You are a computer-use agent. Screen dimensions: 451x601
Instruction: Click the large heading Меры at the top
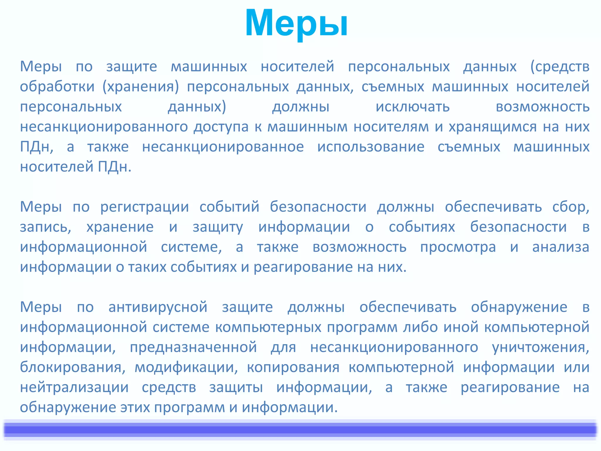[296, 23]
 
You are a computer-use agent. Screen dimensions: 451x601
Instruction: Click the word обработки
[57, 87]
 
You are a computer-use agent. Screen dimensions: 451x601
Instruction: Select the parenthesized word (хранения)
[141, 87]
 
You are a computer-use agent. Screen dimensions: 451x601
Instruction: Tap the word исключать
[413, 107]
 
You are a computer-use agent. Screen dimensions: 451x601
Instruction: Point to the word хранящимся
[493, 127]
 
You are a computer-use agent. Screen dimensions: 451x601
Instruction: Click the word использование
[371, 147]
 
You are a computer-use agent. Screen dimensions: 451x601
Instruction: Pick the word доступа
[221, 127]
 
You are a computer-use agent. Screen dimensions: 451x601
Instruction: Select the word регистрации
[145, 207]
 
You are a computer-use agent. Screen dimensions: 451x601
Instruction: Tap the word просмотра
[458, 247]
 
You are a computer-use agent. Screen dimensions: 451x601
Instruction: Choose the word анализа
[561, 247]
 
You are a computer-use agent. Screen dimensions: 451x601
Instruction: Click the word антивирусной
[158, 307]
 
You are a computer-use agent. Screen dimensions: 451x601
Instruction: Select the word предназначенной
[193, 347]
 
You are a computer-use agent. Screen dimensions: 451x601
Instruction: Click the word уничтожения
[540, 347]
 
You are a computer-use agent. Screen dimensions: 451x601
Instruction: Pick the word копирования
[293, 367]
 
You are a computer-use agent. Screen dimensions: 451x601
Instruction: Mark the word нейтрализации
[74, 387]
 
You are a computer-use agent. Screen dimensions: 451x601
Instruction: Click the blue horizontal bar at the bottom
[300, 430]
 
